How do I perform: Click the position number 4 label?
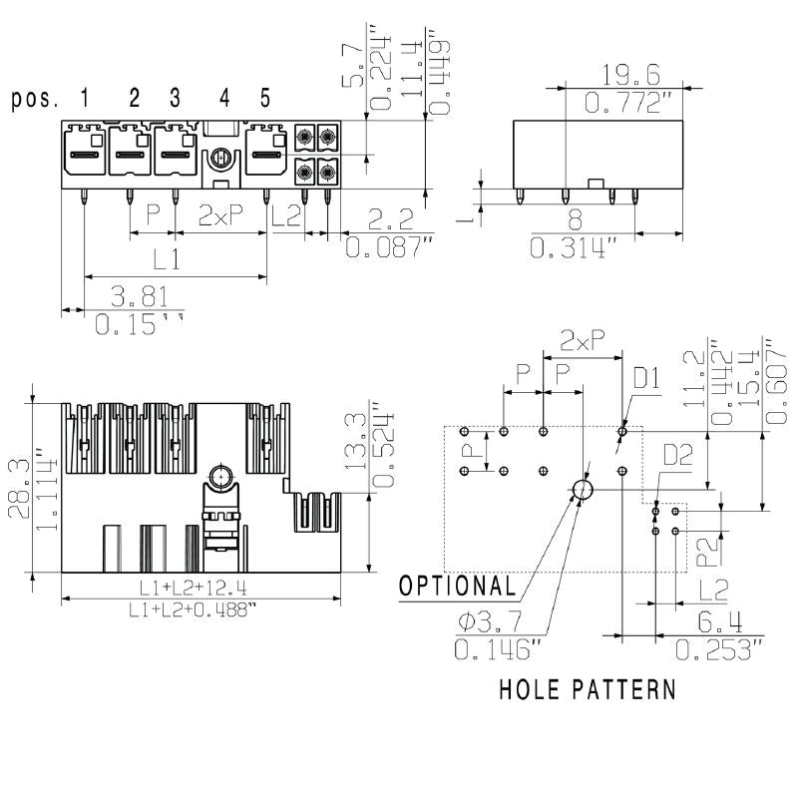point(224,98)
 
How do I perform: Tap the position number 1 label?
point(85,98)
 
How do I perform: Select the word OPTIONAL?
point(458,586)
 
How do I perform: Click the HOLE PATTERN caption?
point(587,688)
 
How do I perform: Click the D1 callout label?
point(647,379)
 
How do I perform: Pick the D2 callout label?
point(677,456)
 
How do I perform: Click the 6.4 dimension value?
point(719,623)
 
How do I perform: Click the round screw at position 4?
point(219,157)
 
